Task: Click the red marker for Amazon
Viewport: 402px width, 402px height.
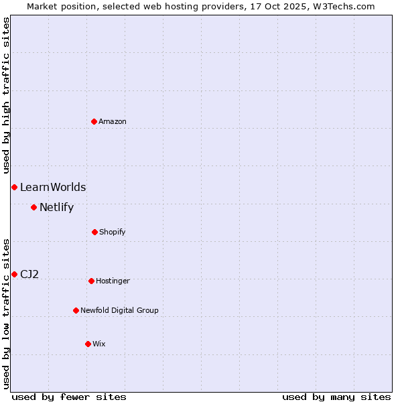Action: click(94, 121)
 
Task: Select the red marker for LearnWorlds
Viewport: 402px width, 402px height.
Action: click(14, 187)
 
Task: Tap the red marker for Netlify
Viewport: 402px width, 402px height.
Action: click(33, 207)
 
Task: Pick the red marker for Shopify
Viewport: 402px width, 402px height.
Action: click(94, 232)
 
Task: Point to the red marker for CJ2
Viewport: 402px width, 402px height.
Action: click(14, 274)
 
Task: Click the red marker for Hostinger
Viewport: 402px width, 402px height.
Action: click(91, 281)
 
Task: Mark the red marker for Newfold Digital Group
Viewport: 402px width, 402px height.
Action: click(76, 310)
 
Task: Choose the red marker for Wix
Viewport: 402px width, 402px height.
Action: click(88, 344)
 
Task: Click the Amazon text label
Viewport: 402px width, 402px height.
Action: click(113, 121)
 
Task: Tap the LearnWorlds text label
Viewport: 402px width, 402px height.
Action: click(53, 188)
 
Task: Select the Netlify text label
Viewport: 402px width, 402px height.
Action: click(56, 208)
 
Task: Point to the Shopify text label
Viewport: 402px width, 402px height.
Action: click(113, 232)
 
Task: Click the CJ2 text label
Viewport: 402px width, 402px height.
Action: click(29, 274)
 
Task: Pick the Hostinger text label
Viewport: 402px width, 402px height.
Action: click(113, 281)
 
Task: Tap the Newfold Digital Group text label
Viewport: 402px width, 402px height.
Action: click(119, 310)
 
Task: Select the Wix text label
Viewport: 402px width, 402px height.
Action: click(99, 344)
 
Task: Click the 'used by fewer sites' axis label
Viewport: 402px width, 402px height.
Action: click(69, 397)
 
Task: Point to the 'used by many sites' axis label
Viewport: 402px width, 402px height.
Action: click(336, 397)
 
